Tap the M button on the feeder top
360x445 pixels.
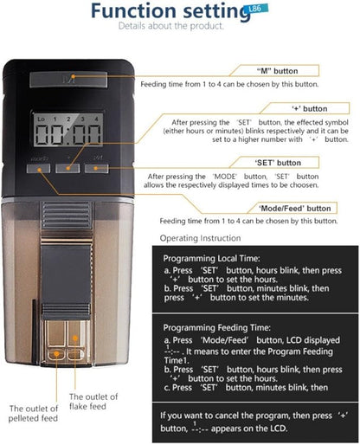68,80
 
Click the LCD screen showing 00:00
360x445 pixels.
67,129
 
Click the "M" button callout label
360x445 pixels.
277,71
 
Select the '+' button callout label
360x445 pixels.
310,109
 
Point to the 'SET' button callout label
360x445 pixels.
278,163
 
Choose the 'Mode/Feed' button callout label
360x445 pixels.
294,209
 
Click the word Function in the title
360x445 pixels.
133,11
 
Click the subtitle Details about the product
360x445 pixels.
171,26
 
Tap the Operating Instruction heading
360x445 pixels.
200,238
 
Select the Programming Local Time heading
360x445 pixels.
211,258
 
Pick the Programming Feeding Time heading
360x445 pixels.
216,327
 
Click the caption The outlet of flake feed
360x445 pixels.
93,402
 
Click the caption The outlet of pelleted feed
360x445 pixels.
33,413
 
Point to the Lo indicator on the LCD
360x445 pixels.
41,119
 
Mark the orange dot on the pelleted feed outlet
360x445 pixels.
57,353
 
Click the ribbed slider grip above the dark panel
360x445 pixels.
67,215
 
